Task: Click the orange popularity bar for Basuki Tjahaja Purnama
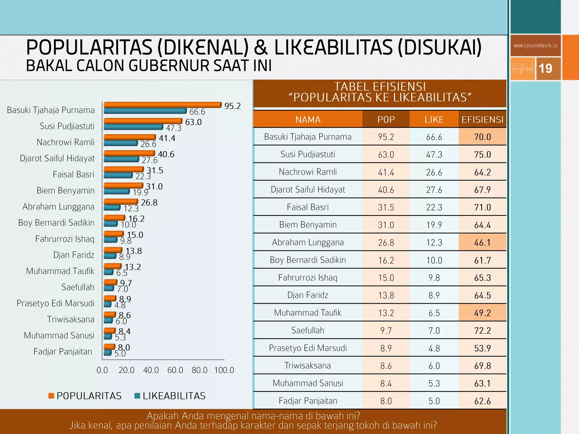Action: pos(163,105)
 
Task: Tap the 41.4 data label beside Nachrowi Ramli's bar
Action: pos(167,138)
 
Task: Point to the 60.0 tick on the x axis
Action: pos(175,370)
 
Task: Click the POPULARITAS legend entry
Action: pos(85,396)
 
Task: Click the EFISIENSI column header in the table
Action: pos(482,120)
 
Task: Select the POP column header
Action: pos(386,120)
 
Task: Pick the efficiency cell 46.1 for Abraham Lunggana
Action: pos(482,242)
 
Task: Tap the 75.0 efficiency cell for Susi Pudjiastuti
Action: pos(482,155)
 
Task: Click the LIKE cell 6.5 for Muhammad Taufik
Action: pos(434,313)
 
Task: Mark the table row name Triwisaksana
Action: pos(308,366)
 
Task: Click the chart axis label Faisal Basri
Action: pos(74,174)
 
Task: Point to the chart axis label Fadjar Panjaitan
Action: pos(63,351)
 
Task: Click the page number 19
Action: pos(545,69)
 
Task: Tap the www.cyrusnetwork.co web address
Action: pos(535,46)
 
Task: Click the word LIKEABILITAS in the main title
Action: pos(334,47)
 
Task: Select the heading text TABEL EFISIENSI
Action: pos(380,86)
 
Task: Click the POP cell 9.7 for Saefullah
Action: pos(386,331)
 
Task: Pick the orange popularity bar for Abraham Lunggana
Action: pos(121,202)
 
